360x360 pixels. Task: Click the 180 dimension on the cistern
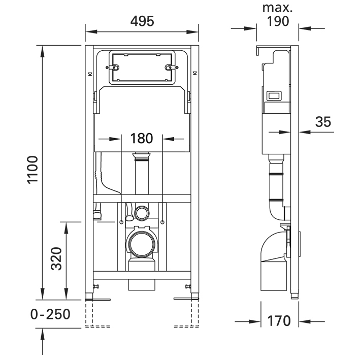pos(142,138)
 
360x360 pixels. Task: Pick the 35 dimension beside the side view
pos(323,122)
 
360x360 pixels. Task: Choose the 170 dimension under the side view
pos(279,321)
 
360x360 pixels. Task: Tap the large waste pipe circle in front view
pos(141,243)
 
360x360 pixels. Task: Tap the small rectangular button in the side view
pos(275,95)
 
